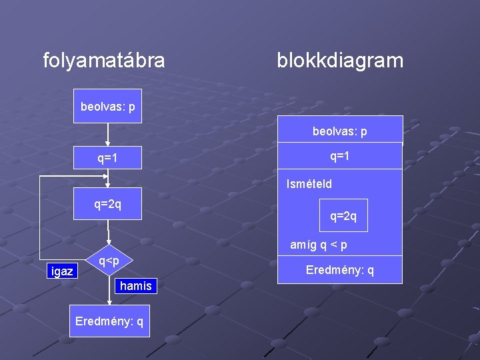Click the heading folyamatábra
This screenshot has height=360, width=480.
click(x=104, y=61)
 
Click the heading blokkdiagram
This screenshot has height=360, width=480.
click(x=340, y=61)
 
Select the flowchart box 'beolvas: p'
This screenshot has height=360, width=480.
click(x=107, y=107)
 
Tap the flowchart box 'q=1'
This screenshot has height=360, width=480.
click(x=107, y=157)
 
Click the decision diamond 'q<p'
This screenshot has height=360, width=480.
click(x=109, y=261)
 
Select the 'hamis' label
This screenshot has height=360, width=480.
click(x=135, y=286)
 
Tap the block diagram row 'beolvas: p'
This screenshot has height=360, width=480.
click(x=340, y=131)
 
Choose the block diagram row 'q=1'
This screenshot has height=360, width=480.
click(x=340, y=156)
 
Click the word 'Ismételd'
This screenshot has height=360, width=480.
click(x=309, y=184)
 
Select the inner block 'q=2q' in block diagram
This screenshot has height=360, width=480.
click(x=343, y=216)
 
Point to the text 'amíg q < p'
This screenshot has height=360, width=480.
click(x=319, y=245)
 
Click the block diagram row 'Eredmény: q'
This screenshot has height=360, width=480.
click(x=340, y=270)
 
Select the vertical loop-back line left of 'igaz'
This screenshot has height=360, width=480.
click(x=39, y=220)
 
